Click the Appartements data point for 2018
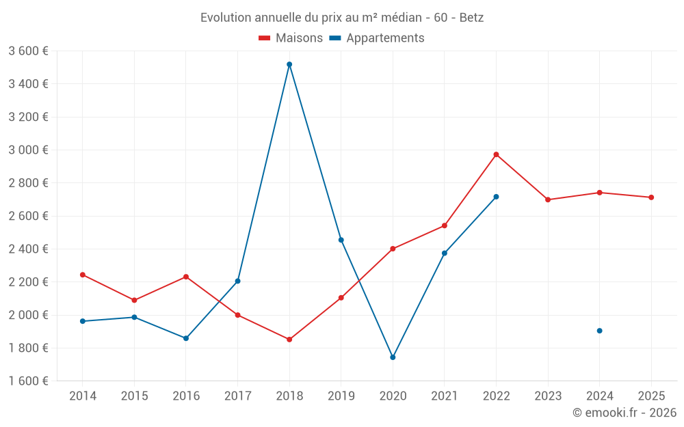pos(289,64)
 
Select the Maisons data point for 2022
pos(496,154)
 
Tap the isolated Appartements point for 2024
pos(599,331)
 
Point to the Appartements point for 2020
pos(393,357)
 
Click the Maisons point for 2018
pos(289,340)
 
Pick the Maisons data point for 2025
pos(651,197)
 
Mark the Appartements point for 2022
pos(496,197)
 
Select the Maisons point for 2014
pos(83,275)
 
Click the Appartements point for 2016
pos(186,338)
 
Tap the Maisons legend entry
pos(291,38)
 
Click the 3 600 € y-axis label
pos(28,51)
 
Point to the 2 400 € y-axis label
pos(28,249)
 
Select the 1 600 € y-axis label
pos(28,381)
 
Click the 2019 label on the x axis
pos(341,396)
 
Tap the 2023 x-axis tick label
pos(548,396)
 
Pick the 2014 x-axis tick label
pos(83,396)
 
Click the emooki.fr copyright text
pos(624,413)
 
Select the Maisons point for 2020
pos(393,249)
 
